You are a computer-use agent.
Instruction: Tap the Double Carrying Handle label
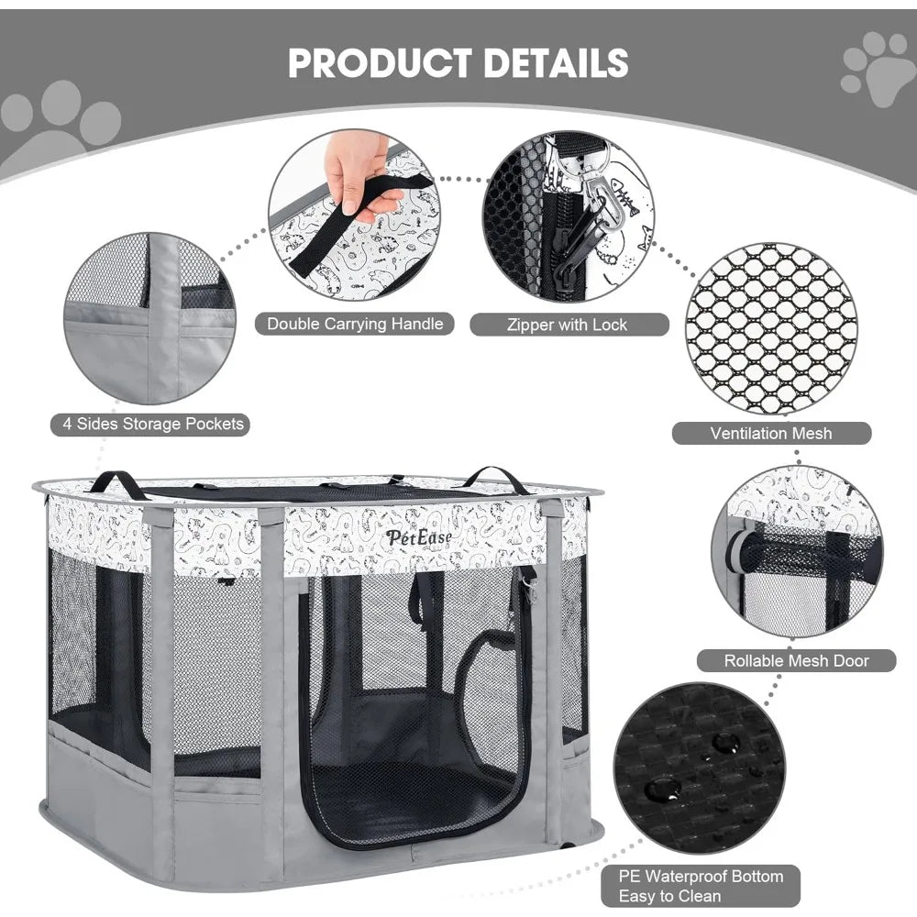click(x=355, y=324)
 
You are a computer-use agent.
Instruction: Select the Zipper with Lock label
click(x=569, y=325)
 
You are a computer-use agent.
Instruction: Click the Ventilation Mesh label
click(x=770, y=433)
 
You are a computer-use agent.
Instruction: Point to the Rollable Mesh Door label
click(x=796, y=660)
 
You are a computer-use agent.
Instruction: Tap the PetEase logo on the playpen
click(x=418, y=536)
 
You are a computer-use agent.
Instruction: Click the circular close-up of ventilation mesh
click(x=770, y=328)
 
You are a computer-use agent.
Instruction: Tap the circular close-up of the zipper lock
click(x=569, y=216)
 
